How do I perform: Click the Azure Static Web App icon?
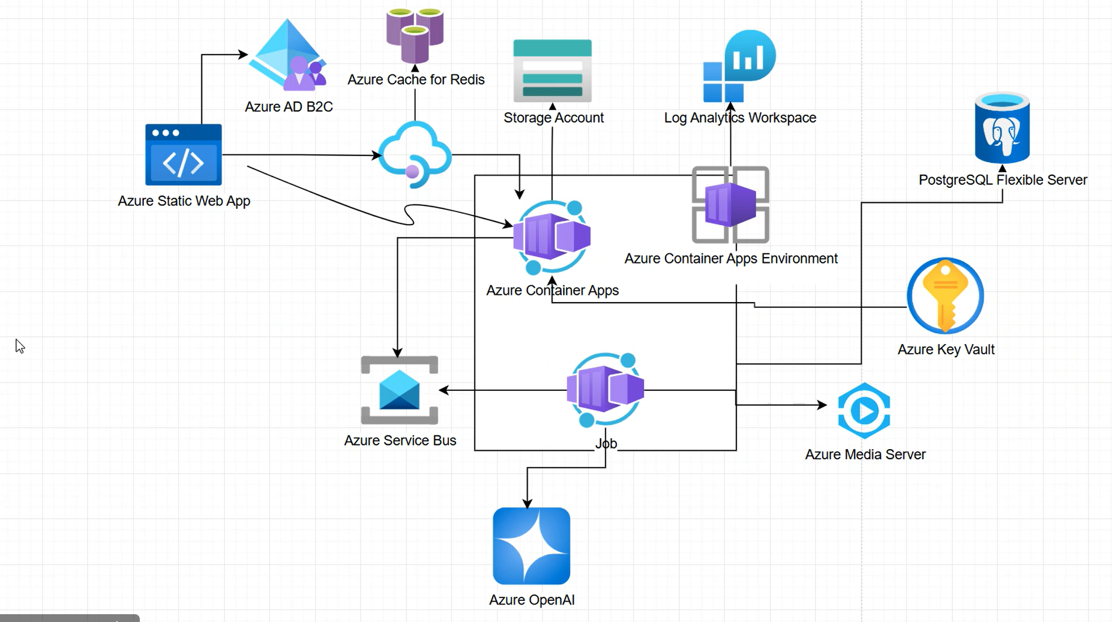point(183,155)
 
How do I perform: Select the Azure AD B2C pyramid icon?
point(287,55)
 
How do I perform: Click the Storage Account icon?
point(552,71)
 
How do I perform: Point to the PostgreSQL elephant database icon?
point(1002,128)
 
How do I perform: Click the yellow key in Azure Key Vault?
point(945,295)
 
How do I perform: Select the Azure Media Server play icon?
point(864,411)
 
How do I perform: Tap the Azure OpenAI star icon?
point(531,546)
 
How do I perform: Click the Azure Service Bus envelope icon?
point(399,390)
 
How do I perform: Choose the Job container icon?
point(605,390)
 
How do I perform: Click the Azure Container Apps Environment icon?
point(730,205)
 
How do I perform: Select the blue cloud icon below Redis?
point(415,154)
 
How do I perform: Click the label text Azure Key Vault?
point(946,349)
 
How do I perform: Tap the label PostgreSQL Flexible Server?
point(1002,180)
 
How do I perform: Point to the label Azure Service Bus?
point(400,440)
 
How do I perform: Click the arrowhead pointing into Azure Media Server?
point(823,405)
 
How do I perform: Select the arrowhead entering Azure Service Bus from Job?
point(443,390)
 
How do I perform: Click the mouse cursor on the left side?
point(20,346)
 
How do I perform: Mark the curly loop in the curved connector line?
point(410,214)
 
